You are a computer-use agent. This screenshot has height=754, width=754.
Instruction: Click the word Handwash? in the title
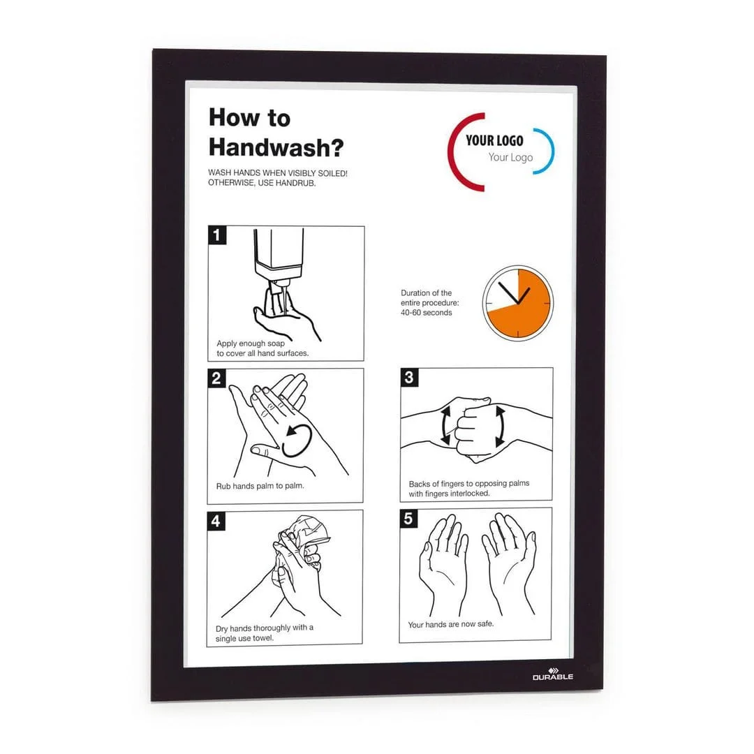coord(276,147)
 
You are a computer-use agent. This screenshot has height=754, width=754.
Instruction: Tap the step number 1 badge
coord(217,235)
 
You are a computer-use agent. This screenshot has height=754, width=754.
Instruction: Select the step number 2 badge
coord(217,378)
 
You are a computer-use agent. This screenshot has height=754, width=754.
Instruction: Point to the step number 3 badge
coord(409,378)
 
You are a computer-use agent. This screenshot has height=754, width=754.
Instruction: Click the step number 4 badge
coord(216,521)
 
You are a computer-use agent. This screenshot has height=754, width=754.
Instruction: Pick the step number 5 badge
coord(408,518)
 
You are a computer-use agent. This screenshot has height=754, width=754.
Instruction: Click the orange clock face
coord(518,303)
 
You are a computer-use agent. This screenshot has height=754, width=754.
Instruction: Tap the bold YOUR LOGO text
coord(494,140)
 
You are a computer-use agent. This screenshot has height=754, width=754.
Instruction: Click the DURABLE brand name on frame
coord(552,677)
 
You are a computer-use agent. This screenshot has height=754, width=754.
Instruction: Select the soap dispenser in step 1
coord(279,260)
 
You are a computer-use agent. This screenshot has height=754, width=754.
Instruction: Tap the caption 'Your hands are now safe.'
coord(450,624)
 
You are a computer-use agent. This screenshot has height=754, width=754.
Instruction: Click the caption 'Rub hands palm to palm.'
coord(260,486)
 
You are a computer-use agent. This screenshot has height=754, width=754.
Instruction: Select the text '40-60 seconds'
coord(426,313)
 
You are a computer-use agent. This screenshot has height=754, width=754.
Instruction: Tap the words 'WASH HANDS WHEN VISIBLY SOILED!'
coord(277,172)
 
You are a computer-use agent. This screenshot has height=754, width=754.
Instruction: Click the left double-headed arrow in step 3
coord(445,425)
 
